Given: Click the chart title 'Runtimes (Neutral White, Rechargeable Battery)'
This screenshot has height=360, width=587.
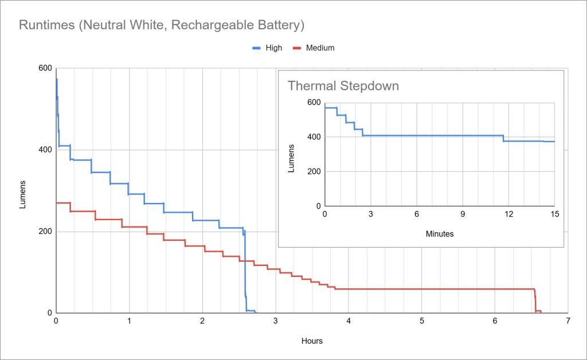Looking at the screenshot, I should tap(161, 25).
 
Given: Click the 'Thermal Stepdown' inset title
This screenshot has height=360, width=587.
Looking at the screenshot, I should tap(343, 87).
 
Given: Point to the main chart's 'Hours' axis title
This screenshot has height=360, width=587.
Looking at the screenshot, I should tap(312, 341).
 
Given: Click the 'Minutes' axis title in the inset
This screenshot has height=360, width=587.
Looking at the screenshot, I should tap(440, 234).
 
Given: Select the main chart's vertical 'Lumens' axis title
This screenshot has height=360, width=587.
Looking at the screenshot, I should tap(23, 194).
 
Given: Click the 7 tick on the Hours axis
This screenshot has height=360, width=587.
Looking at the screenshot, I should tap(568, 322).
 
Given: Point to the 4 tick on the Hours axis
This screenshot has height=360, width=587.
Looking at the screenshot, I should tap(349, 322).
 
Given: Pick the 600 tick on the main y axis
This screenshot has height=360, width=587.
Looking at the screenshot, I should tap(45, 68).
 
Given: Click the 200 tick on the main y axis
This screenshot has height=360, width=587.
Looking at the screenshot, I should tap(45, 232).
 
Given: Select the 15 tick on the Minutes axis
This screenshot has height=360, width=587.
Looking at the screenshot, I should tap(554, 214).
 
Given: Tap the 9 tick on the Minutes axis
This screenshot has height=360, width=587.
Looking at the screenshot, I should tap(463, 214).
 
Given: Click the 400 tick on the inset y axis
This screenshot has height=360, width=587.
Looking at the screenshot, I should tap(314, 137).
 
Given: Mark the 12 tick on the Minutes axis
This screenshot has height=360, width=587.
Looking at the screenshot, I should tap(508, 214).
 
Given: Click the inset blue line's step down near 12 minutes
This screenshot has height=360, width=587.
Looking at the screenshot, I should tap(503, 138).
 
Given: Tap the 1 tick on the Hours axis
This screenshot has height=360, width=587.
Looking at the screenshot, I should tap(129, 322).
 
